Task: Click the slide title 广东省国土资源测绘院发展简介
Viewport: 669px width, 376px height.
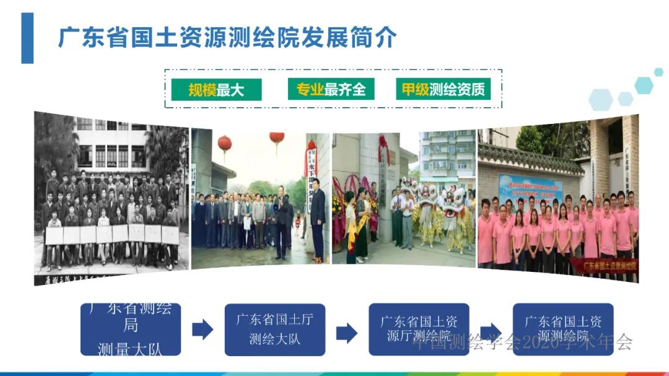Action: (x=227, y=38)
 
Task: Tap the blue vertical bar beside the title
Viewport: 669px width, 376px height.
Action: (x=27, y=38)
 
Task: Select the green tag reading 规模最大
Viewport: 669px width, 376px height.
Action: (x=216, y=90)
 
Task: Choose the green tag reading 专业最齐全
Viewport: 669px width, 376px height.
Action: (x=327, y=90)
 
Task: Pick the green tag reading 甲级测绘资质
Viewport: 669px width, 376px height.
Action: (x=443, y=90)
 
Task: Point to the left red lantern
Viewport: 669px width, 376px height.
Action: (x=224, y=144)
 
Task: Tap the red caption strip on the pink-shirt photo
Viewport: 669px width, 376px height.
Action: (x=610, y=266)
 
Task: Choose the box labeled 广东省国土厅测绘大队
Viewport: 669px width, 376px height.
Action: (x=274, y=329)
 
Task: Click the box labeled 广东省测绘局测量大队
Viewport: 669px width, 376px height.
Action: (x=130, y=329)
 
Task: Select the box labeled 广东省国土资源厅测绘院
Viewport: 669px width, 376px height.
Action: (x=419, y=329)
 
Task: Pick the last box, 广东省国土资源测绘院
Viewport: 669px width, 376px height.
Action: (x=562, y=329)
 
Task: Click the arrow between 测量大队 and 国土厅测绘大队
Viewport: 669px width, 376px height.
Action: (x=203, y=330)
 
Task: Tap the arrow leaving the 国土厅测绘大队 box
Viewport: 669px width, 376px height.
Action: (x=347, y=333)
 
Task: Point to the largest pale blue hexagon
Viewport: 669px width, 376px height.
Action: (x=601, y=99)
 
